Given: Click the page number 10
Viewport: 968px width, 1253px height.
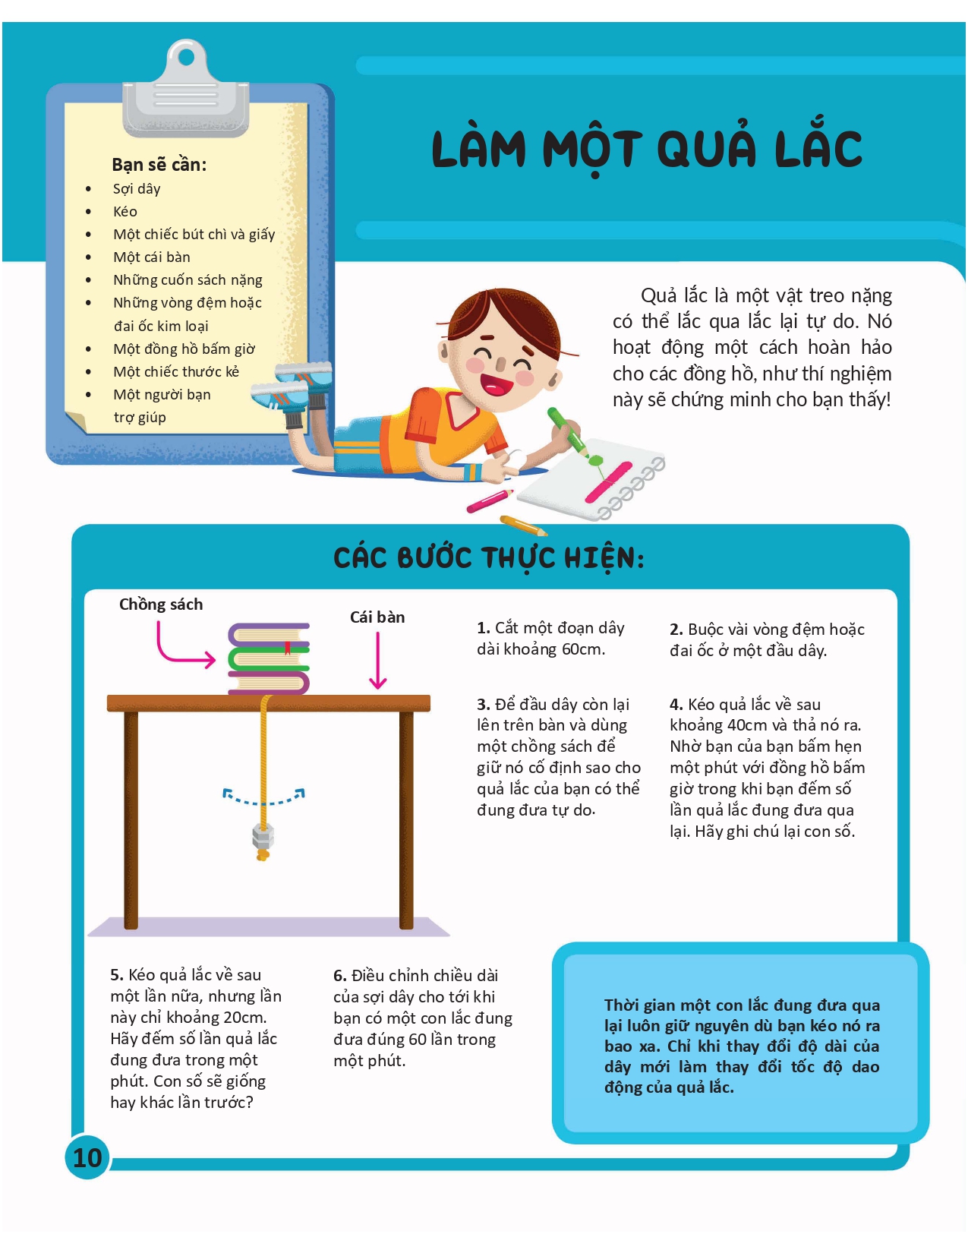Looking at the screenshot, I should pyautogui.click(x=87, y=1157).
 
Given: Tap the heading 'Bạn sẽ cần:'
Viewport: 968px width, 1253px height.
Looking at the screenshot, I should pyautogui.click(x=159, y=165).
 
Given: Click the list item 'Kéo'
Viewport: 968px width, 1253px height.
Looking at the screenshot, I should pyautogui.click(x=125, y=212).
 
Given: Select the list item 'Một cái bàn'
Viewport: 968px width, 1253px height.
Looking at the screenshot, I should pyautogui.click(x=152, y=257).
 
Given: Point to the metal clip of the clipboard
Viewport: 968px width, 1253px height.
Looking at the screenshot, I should pyautogui.click(x=186, y=91).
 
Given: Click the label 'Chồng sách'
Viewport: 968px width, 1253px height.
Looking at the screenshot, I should pyautogui.click(x=161, y=604).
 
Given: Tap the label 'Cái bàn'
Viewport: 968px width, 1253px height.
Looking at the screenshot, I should pyautogui.click(x=377, y=617).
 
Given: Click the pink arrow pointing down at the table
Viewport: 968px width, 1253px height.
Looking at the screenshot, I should pyautogui.click(x=377, y=661).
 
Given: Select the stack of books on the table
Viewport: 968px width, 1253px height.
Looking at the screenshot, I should pyautogui.click(x=270, y=658).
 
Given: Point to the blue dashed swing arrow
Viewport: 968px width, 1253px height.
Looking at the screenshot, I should pyautogui.click(x=263, y=797).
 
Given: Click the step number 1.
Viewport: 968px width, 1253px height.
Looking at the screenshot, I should pyautogui.click(x=483, y=628).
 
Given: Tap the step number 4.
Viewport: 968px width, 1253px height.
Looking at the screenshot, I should pyautogui.click(x=676, y=705).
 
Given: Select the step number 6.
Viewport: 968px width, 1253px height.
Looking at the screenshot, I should pyautogui.click(x=339, y=976).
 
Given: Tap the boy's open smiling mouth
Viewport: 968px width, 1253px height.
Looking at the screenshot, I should pyautogui.click(x=497, y=384).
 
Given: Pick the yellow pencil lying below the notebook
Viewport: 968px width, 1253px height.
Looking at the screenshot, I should pyautogui.click(x=523, y=525).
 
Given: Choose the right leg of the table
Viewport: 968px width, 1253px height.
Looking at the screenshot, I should pyautogui.click(x=406, y=820).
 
